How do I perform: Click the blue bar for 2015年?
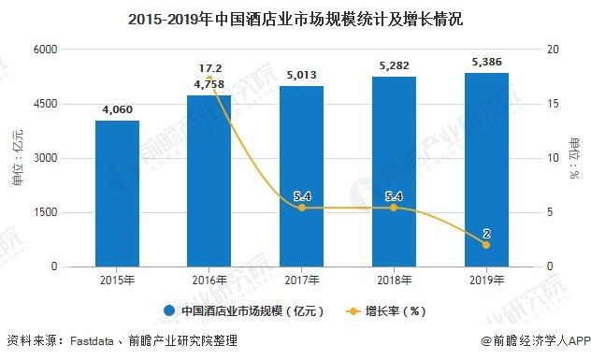click(x=117, y=194)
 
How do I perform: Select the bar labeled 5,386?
click(x=485, y=169)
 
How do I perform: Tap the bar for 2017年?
click(x=301, y=177)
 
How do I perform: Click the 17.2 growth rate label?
click(x=209, y=68)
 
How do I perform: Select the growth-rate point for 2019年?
click(x=485, y=244)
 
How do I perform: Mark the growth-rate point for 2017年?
click(x=301, y=208)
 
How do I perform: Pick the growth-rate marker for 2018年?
click(x=393, y=208)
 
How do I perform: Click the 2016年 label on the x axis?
click(x=209, y=280)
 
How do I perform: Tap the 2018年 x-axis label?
click(x=393, y=280)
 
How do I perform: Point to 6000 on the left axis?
click(x=44, y=50)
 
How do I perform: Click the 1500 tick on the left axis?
click(x=44, y=212)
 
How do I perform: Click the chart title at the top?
click(x=295, y=18)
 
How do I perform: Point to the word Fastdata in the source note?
click(x=101, y=342)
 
